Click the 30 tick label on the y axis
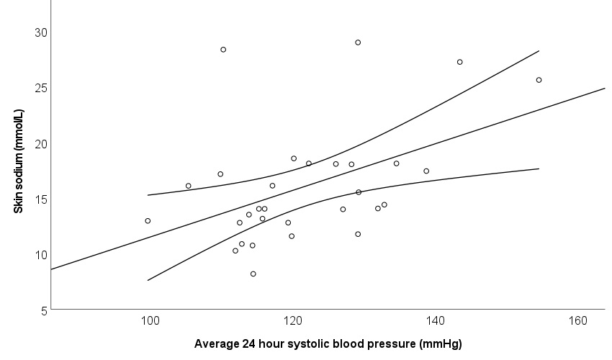[40, 32]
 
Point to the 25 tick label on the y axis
[40, 88]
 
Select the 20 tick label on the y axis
[40, 143]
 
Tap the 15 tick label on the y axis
[40, 199]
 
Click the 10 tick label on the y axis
[40, 254]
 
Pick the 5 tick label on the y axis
[42, 310]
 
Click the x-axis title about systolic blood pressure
[328, 343]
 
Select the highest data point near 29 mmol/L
[358, 42]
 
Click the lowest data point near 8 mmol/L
[253, 274]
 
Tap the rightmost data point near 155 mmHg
[539, 80]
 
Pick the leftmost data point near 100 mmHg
[148, 221]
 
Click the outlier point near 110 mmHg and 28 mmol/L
[223, 50]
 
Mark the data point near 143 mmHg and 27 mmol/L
[459, 62]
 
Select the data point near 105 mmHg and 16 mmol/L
[189, 186]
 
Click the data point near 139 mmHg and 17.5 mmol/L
[426, 171]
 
